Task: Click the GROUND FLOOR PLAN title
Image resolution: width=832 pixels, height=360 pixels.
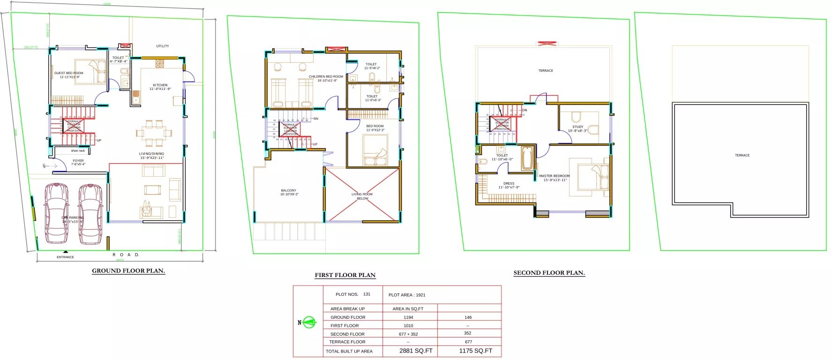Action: tap(128, 270)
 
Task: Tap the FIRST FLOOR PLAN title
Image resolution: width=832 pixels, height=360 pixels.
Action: tap(345, 275)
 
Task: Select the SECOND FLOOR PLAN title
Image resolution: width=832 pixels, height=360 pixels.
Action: tap(549, 273)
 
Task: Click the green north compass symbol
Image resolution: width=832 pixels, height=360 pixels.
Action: tap(308, 322)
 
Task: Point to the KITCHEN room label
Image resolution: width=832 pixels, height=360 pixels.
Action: tap(160, 85)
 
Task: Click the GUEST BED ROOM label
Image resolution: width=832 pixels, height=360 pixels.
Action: tap(68, 73)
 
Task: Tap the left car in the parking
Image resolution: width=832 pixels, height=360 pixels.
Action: tap(56, 213)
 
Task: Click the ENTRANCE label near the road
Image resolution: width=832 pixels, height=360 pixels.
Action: tap(65, 257)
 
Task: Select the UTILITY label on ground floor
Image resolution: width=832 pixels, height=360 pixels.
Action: tap(162, 46)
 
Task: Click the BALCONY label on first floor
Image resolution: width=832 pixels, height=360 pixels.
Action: tap(289, 191)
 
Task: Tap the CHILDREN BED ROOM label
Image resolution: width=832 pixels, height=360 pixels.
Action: tap(326, 76)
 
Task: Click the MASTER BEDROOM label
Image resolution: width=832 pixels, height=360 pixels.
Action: tap(554, 176)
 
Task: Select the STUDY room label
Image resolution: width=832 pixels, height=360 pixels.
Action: tap(577, 127)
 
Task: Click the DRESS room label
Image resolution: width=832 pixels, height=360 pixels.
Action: tap(509, 184)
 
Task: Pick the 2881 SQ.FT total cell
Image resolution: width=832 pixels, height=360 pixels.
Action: tap(416, 351)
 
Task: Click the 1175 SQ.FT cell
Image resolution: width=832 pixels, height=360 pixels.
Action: tap(475, 351)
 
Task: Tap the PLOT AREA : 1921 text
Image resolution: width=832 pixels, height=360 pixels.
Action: tap(407, 295)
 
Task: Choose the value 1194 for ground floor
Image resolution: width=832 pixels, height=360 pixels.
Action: tap(408, 317)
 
